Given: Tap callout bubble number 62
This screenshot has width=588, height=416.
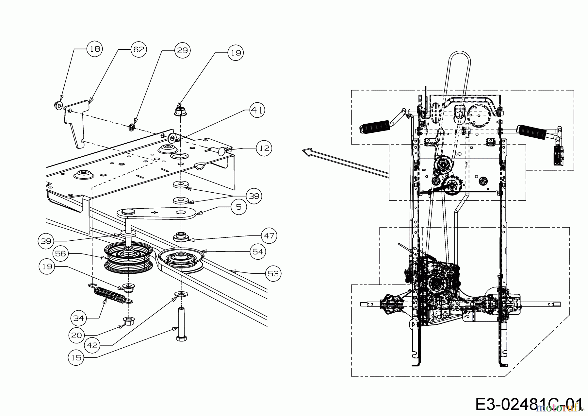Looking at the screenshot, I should pos(139,49).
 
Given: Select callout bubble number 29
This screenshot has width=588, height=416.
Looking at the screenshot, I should pos(182,50).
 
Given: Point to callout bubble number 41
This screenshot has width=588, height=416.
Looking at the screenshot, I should pos(257,110).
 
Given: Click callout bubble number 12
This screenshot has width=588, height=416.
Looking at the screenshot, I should pos(264,148).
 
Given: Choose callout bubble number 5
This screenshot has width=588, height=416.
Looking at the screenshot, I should pos(239,207).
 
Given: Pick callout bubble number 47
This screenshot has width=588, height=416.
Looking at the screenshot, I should pos(269,235).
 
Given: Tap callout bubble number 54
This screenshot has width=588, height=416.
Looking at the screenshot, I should pos(258,251).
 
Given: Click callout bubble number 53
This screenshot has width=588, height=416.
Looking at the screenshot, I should pos(273,273).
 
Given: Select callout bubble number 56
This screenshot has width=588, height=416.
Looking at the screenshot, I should pos(60,253).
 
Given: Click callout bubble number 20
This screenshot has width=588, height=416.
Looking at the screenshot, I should pos(76,336).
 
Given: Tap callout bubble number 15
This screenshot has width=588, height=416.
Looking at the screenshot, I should pos(76,358).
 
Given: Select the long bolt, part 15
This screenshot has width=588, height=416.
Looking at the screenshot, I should pos(181,324).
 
